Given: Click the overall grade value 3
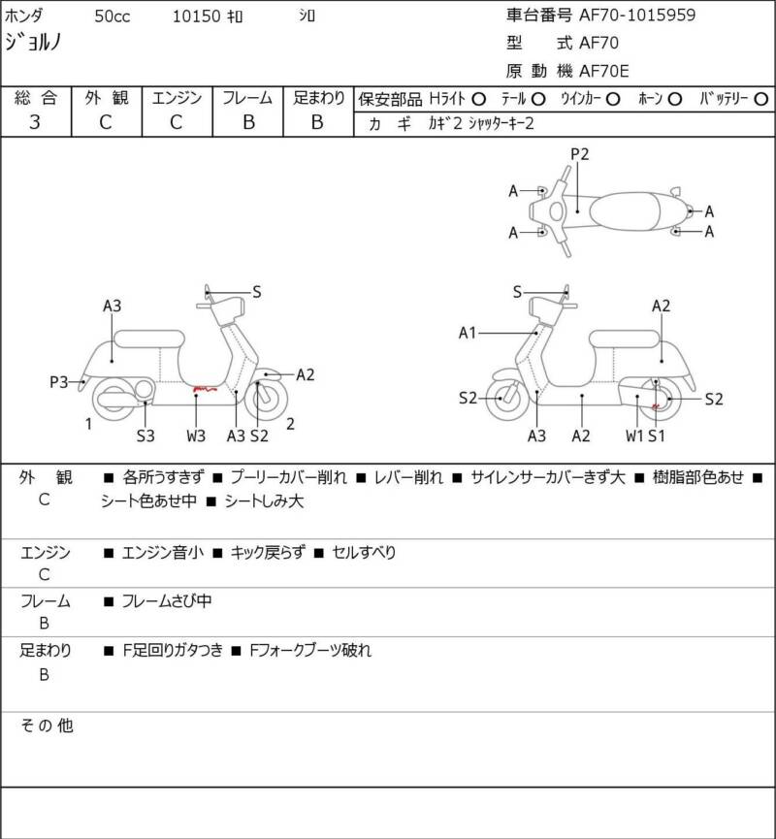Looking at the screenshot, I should click(35, 121).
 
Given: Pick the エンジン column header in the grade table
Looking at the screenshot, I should click(177, 97).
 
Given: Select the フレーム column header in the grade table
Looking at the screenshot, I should click(247, 97).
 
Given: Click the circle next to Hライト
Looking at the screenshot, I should click(478, 98).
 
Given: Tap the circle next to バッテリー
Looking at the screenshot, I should click(761, 98).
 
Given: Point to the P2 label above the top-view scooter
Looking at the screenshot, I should click(580, 153).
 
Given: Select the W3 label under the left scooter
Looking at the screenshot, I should click(196, 436).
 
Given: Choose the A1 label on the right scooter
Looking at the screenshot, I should click(468, 334).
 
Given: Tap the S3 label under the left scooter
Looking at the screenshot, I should click(145, 436).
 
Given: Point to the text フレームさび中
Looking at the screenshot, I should click(166, 601).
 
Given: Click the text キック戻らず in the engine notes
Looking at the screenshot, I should click(266, 553).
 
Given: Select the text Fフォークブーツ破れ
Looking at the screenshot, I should click(309, 651).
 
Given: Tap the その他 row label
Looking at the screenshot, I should click(48, 725).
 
